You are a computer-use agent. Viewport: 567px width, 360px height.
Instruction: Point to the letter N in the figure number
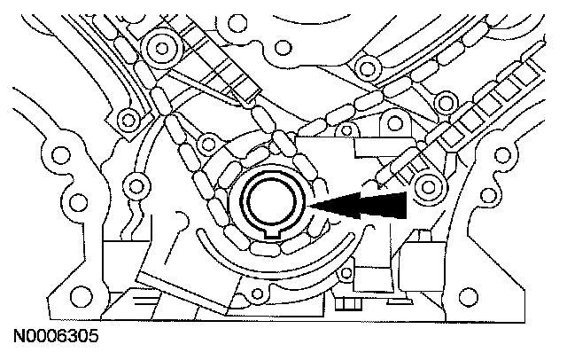[17, 338]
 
